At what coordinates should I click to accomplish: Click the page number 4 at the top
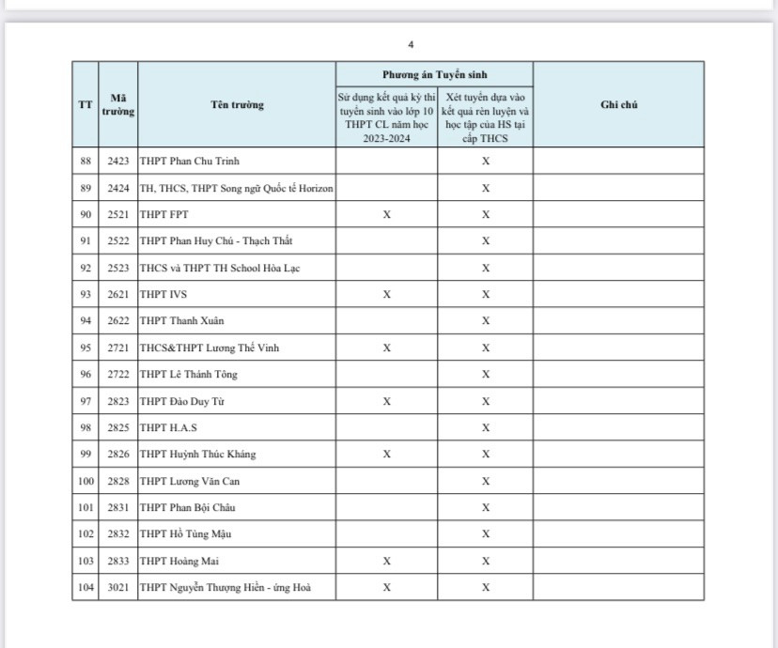click(411, 44)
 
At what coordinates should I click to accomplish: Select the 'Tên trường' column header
click(237, 104)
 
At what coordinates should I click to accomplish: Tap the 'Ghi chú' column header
click(618, 104)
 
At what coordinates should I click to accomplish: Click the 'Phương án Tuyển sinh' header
click(434, 74)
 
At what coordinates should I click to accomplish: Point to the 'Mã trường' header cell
click(118, 104)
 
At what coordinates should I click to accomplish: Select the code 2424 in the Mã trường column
click(118, 188)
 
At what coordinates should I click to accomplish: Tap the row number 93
click(86, 294)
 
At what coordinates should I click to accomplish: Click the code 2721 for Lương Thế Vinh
click(118, 347)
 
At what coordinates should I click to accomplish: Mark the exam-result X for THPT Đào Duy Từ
click(386, 401)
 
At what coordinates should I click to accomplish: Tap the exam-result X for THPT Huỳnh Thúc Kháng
click(386, 454)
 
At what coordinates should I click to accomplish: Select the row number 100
click(86, 481)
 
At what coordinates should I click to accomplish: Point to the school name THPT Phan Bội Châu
click(187, 507)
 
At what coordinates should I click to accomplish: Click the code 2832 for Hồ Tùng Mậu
click(118, 533)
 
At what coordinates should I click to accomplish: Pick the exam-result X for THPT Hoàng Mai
click(386, 561)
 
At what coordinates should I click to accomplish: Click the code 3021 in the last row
click(118, 588)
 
